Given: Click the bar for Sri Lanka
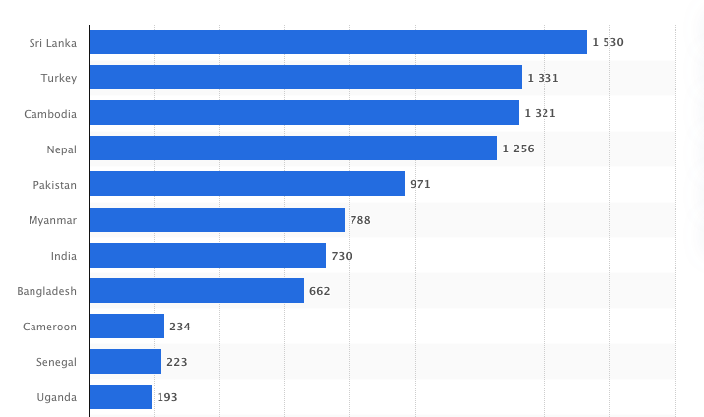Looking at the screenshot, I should pos(338,42).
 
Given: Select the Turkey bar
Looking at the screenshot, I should pos(305,78).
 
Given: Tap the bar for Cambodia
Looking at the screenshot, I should pos(303,113).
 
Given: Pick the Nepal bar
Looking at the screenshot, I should pos(292,149).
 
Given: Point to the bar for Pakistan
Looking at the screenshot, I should pos(246,184).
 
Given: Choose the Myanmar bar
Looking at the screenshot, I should pos(217,219).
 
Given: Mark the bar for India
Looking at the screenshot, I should pos(207,255).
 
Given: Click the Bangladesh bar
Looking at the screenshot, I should pos(196,290).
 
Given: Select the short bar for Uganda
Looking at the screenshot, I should pos(120,396).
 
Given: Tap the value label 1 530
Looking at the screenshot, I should pos(608,43).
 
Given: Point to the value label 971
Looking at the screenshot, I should pos(420,185).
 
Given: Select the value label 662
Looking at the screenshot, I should pos(320,291).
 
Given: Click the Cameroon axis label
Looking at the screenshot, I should pos(50,327).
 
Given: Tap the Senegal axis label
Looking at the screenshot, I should pos(55,362).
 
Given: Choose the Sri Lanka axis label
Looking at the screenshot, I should pos(53,43).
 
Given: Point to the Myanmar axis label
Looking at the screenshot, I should pos(53,220).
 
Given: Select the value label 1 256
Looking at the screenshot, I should pos(518,149).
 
